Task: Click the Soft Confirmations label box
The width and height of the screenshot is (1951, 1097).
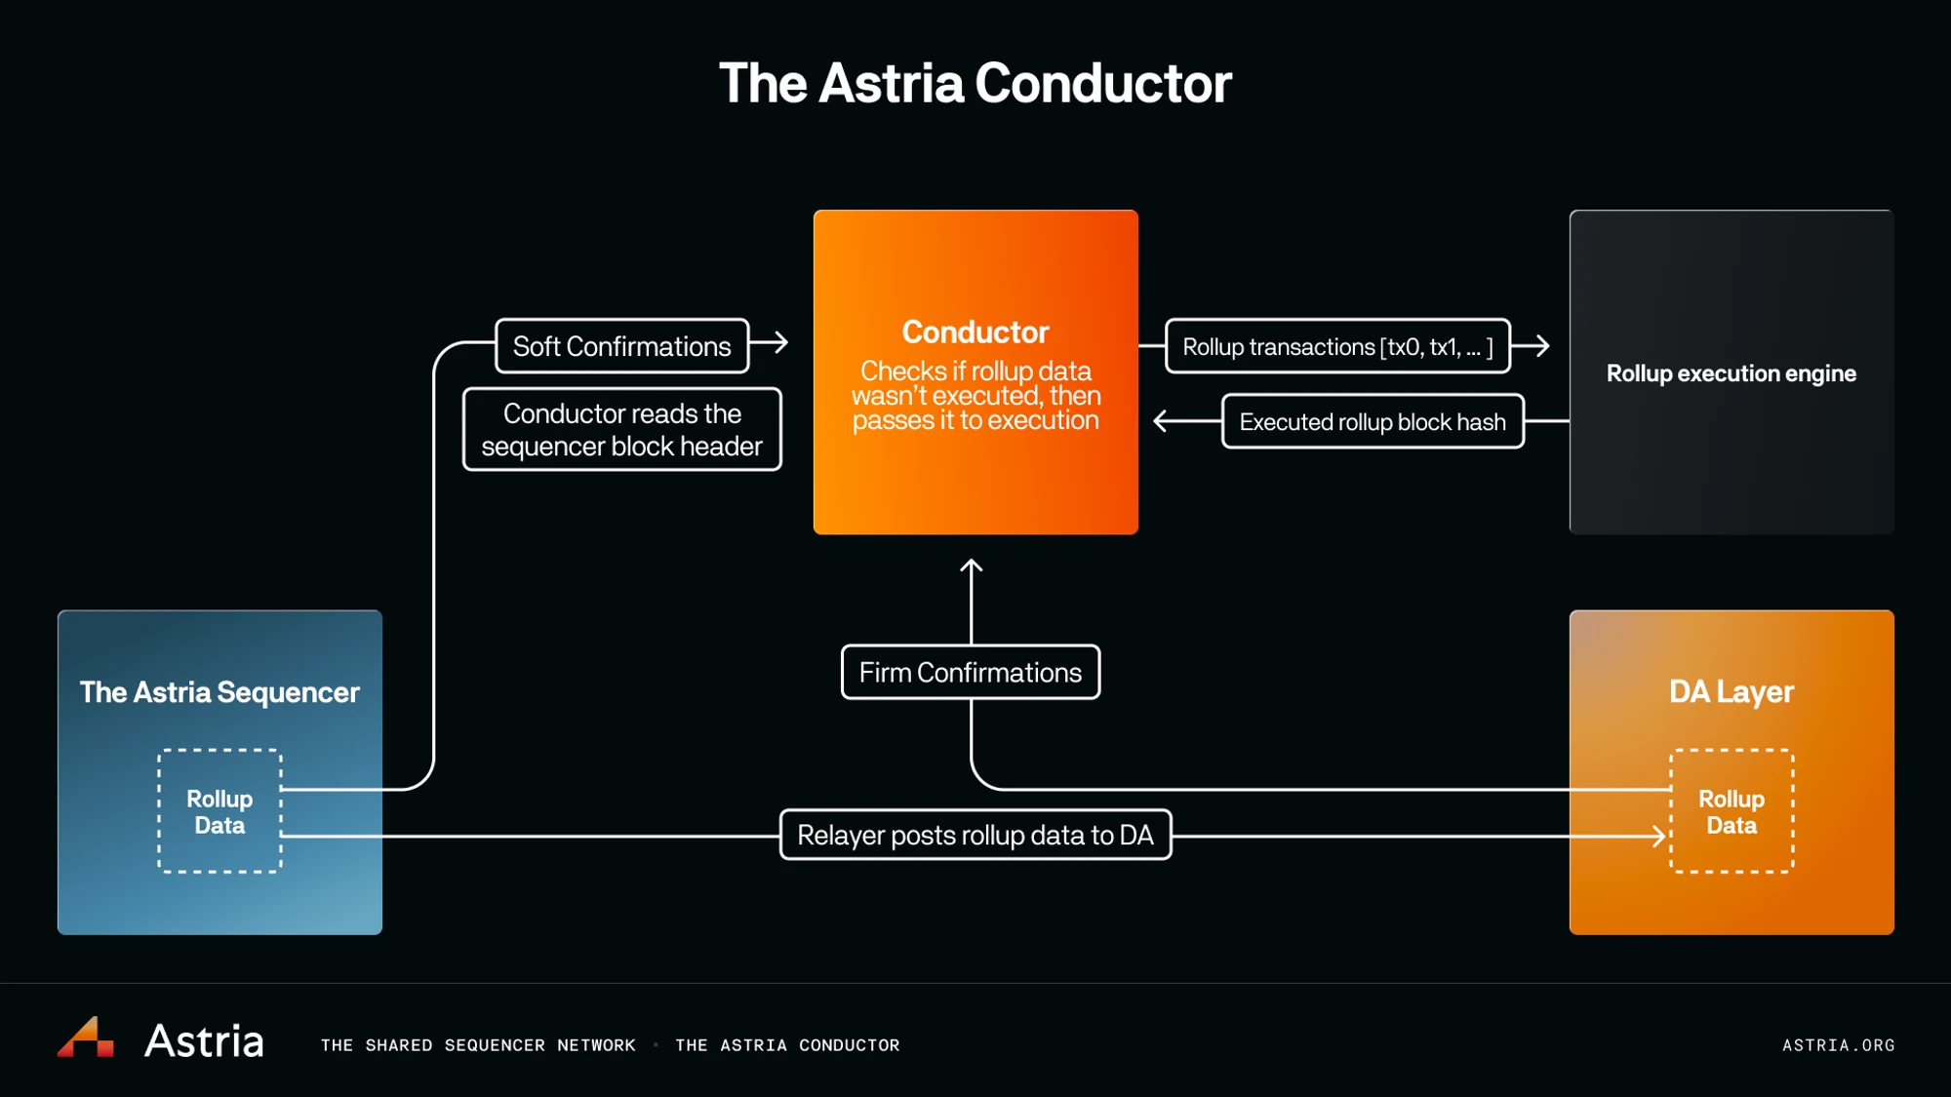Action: click(x=621, y=346)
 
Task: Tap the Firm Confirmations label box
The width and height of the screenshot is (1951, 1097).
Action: click(x=971, y=672)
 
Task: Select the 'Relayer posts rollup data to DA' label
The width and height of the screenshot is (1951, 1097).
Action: click(x=975, y=835)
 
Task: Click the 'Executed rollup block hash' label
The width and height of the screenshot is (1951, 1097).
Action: click(x=1373, y=421)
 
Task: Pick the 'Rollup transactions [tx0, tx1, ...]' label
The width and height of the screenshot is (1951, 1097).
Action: click(x=1337, y=346)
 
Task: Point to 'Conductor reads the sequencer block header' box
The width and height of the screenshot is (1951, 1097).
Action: click(x=621, y=429)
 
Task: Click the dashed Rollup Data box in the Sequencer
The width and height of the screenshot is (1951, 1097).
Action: click(x=219, y=811)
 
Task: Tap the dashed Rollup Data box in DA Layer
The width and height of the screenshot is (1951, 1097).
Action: click(x=1732, y=811)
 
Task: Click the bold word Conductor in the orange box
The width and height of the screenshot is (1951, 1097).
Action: click(x=975, y=333)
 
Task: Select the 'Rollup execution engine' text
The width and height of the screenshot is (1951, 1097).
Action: click(x=1732, y=373)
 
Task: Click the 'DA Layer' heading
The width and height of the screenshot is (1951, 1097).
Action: click(x=1732, y=691)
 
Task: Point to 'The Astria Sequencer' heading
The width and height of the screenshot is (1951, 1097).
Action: click(x=219, y=692)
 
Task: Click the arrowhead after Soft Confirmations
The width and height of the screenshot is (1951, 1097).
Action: click(x=779, y=342)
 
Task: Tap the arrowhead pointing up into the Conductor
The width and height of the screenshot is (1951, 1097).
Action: click(x=972, y=567)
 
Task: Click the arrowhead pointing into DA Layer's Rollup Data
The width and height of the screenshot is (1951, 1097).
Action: click(x=1657, y=836)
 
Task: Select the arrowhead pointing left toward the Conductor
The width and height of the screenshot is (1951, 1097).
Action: click(x=1161, y=421)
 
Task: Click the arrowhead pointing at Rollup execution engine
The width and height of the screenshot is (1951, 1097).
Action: click(x=1541, y=346)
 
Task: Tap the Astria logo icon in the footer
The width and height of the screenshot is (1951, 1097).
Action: click(x=87, y=1038)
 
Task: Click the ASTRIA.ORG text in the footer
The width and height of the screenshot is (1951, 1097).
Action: click(x=1838, y=1045)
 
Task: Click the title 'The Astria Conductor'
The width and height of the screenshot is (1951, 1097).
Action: click(x=975, y=83)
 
